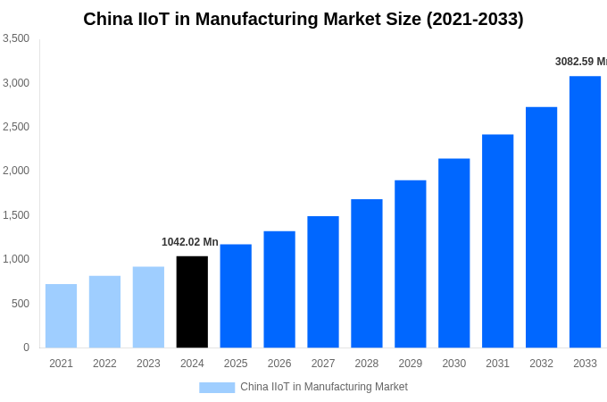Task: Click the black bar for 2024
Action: point(192,302)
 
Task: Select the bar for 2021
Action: point(61,316)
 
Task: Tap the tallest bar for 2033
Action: point(585,212)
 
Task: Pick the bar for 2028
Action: point(367,273)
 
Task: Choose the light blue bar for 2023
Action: point(148,307)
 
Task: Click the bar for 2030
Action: point(453,253)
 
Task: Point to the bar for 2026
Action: point(279,289)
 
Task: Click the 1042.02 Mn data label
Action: point(189,242)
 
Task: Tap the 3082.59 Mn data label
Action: point(580,62)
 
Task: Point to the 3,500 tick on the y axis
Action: point(16,38)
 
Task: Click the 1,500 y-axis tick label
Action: point(16,215)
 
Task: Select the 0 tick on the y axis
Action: point(26,348)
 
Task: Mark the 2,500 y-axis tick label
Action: point(16,127)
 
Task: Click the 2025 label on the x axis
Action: point(236,364)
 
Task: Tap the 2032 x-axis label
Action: point(541,364)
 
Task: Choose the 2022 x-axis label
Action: point(104,364)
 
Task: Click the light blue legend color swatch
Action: point(217,388)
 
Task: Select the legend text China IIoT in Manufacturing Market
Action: point(324,387)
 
